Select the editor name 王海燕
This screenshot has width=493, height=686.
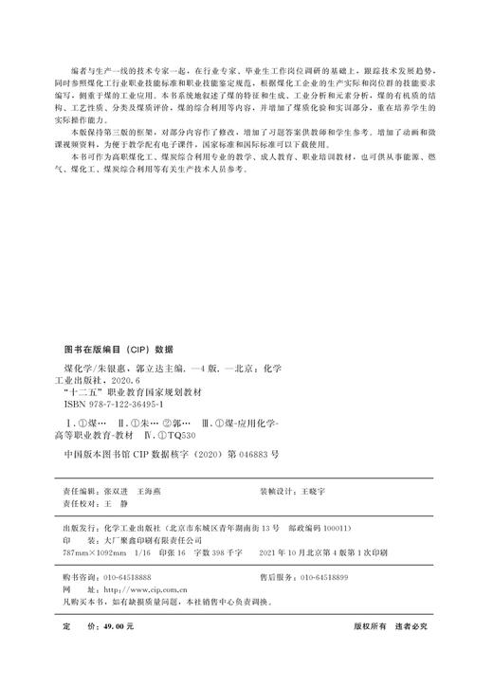151,494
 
